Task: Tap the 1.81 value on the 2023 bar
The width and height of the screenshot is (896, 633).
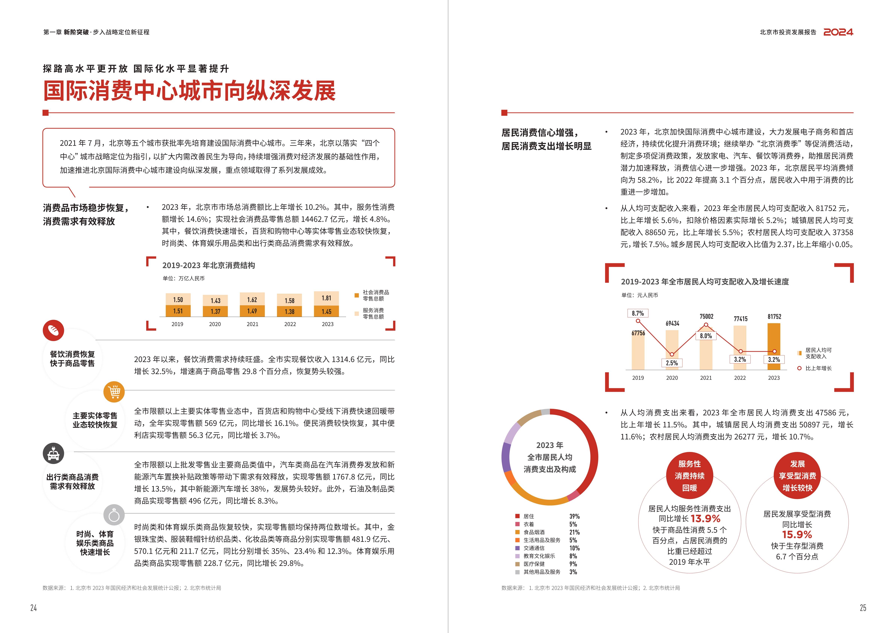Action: pyautogui.click(x=326, y=298)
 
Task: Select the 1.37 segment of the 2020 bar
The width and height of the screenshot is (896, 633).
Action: pyautogui.click(x=215, y=311)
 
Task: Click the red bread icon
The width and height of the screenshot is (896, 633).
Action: pyautogui.click(x=53, y=330)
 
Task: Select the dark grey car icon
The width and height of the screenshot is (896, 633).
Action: pyautogui.click(x=53, y=454)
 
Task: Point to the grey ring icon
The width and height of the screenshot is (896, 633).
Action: pyautogui.click(x=114, y=515)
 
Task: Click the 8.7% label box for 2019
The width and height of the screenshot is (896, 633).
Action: pyautogui.click(x=638, y=313)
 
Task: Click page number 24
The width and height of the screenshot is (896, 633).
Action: pyautogui.click(x=33, y=608)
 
